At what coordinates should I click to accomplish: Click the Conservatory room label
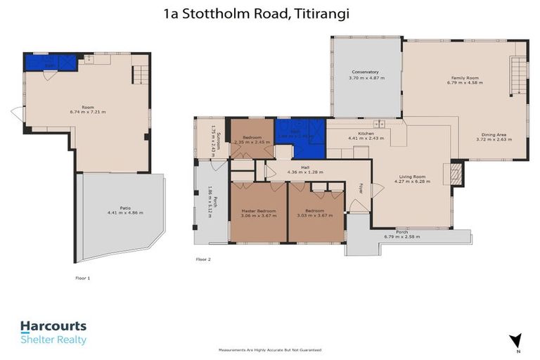point(365,72)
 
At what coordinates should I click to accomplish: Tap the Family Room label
point(463,79)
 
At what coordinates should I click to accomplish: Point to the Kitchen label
point(365,134)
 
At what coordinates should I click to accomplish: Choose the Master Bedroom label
point(258,210)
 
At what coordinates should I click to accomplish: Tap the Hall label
point(305,167)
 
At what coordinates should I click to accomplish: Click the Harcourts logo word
point(53,326)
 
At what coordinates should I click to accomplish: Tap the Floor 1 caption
point(83,278)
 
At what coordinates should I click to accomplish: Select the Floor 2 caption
point(203,259)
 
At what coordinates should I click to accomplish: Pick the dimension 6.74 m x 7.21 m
point(87,112)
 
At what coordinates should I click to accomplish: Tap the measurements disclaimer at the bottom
point(269,349)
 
